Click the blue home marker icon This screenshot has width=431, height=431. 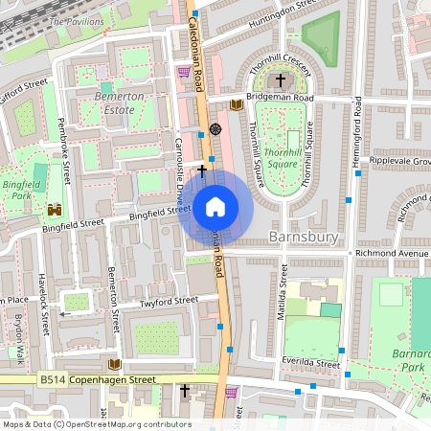pyautogui.click(x=215, y=206)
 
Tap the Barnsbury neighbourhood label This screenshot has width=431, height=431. pyautogui.click(x=304, y=236)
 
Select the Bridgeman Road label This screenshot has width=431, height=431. pyautogui.click(x=281, y=98)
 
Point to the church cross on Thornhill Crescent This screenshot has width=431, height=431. pyautogui.click(x=281, y=80)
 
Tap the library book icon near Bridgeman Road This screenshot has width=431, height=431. pyautogui.click(x=237, y=103)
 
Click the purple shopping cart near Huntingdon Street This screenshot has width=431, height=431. pyautogui.click(x=184, y=71)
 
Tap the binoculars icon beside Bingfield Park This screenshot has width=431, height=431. pyautogui.click(x=55, y=209)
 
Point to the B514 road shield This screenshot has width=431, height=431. pyautogui.click(x=52, y=380)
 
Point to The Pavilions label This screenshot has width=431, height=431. pyautogui.click(x=76, y=20)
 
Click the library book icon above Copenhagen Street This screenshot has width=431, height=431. pyautogui.click(x=115, y=364)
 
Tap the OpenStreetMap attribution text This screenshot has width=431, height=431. pyautogui.click(x=97, y=423)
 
